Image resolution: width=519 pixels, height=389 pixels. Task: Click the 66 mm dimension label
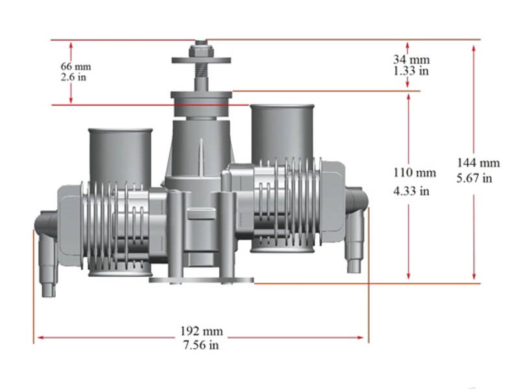[x=75, y=67]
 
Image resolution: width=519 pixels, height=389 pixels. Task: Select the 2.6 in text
[x=72, y=77]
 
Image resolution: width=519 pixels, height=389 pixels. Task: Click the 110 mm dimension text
[x=415, y=173]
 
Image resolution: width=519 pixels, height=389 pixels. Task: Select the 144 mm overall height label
[x=478, y=163]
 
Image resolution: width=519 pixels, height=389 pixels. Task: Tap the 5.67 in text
[x=478, y=178]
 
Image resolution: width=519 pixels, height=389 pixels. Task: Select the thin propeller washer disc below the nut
[x=201, y=61]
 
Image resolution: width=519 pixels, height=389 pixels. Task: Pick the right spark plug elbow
[x=356, y=227]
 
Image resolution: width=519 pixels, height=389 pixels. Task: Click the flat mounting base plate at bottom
[x=201, y=280]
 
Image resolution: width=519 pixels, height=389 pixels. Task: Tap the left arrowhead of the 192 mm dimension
[x=39, y=337]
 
